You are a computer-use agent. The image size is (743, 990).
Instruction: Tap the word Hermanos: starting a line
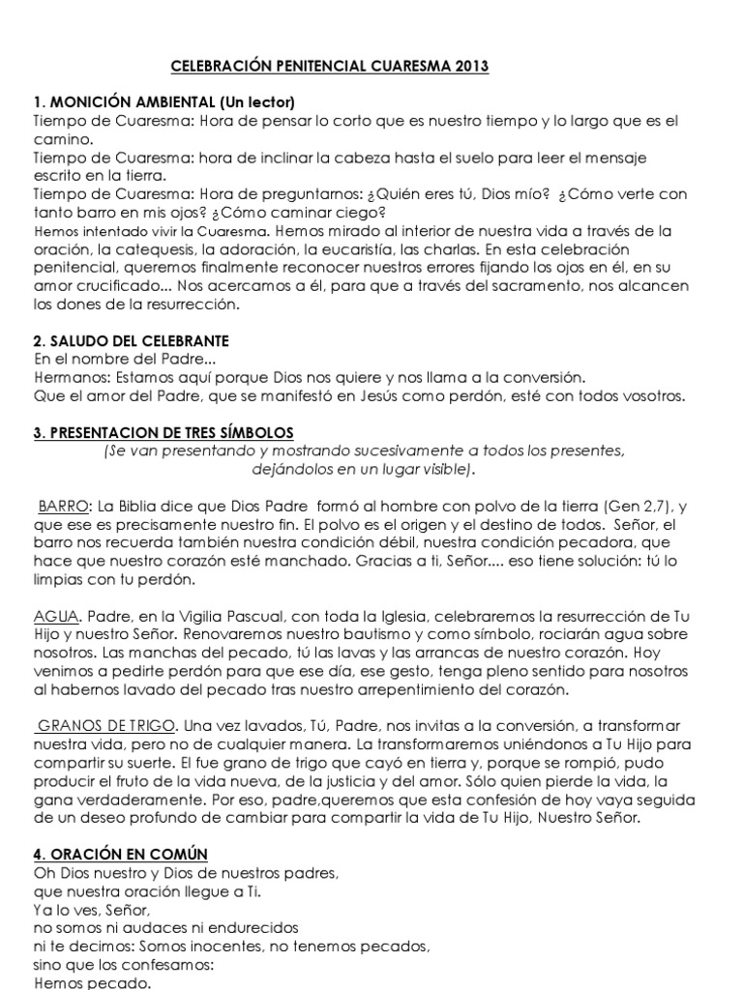pyautogui.click(x=67, y=377)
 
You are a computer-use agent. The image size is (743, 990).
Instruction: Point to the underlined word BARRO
pyautogui.click(x=64, y=506)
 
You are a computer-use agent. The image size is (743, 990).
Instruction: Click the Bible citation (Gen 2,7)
pyautogui.click(x=635, y=506)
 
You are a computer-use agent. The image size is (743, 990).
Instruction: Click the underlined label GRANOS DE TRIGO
pyautogui.click(x=106, y=725)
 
